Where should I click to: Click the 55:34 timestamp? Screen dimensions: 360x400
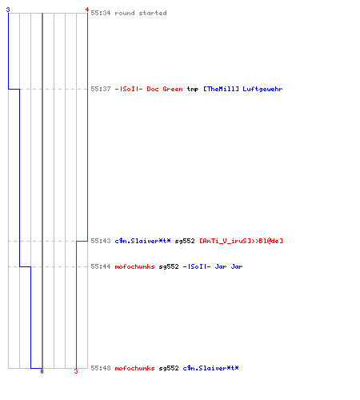tap(101, 13)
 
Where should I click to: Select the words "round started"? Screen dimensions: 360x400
tap(141, 13)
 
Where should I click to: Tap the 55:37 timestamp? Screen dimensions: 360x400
tap(101, 89)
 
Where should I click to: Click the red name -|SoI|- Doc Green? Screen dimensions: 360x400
tap(149, 89)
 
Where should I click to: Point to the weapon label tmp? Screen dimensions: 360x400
tap(193, 90)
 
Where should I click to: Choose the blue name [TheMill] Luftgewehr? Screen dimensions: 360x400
tap(242, 89)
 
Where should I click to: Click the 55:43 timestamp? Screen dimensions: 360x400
tap(101, 241)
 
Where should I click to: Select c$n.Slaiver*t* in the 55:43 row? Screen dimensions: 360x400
tap(142, 241)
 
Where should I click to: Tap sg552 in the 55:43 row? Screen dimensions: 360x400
tap(185, 241)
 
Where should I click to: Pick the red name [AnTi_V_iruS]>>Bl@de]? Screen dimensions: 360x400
tap(241, 241)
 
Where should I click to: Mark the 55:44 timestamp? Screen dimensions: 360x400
tap(101, 266)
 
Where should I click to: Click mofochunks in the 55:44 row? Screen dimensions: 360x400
tap(134, 266)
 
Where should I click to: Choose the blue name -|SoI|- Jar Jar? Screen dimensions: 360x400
tap(213, 266)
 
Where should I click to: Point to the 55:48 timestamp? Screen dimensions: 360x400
tap(101, 368)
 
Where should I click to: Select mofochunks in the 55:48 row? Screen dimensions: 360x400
tap(134, 368)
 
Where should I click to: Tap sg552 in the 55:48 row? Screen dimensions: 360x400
tap(169, 368)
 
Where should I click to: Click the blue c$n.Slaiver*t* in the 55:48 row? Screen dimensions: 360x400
tap(210, 368)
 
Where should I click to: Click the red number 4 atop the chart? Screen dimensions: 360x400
tap(87, 10)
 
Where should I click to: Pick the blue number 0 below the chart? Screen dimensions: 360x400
tap(42, 371)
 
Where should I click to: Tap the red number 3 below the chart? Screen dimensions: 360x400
tap(76, 371)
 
